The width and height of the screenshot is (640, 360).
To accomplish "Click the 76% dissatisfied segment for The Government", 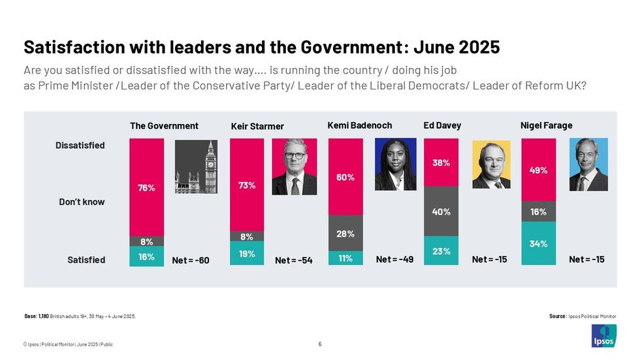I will (x=146, y=187).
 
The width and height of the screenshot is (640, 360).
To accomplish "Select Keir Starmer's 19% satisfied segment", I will (x=247, y=254).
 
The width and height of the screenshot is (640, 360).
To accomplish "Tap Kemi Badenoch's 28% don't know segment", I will (x=345, y=233).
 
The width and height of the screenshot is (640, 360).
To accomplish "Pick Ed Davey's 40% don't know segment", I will (x=441, y=211).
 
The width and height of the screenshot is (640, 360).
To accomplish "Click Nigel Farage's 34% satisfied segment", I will (x=539, y=244).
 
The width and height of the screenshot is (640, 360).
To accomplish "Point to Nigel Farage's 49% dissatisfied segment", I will (x=539, y=170).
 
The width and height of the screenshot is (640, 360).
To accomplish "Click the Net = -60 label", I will (x=191, y=261).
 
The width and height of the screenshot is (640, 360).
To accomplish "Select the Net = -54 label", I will (x=293, y=261).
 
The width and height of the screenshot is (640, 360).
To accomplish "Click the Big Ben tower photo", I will (x=195, y=167).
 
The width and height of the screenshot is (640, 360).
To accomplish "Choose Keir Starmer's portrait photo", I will (x=294, y=167).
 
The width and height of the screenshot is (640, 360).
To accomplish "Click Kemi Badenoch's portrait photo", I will (x=395, y=164).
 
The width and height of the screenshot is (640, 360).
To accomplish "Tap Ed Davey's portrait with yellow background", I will (x=491, y=164).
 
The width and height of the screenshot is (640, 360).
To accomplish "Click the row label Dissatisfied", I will (x=80, y=146).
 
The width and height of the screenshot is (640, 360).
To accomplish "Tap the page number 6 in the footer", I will (x=319, y=344).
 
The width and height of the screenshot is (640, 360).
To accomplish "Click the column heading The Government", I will (x=164, y=126).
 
